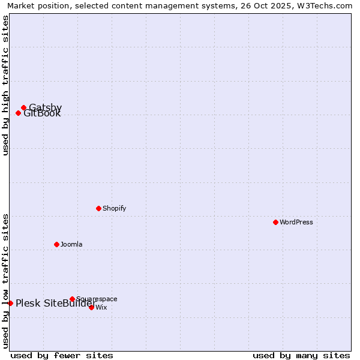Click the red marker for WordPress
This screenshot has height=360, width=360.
(x=275, y=222)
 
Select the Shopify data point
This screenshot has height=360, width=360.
(x=98, y=208)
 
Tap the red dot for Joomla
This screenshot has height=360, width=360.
(x=56, y=244)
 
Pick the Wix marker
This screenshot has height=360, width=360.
(x=91, y=307)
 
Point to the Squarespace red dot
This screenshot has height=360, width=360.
(x=72, y=299)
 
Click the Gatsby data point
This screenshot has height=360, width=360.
(x=23, y=108)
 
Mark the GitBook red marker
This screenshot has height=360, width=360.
(x=18, y=113)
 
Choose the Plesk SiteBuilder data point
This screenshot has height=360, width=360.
(x=10, y=303)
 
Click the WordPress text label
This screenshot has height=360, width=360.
(x=296, y=223)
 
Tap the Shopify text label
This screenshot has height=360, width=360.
(x=114, y=209)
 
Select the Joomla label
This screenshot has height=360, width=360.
(x=71, y=245)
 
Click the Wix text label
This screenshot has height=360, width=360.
(x=101, y=308)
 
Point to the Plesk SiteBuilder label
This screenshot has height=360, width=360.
(x=55, y=304)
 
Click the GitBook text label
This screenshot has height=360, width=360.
(x=43, y=114)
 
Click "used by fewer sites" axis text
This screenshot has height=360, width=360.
(x=62, y=355)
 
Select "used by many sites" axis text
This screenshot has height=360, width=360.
(x=301, y=355)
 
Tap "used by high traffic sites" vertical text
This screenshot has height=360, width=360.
(x=6, y=85)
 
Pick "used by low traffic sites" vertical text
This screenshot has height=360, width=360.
(x=6, y=280)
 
